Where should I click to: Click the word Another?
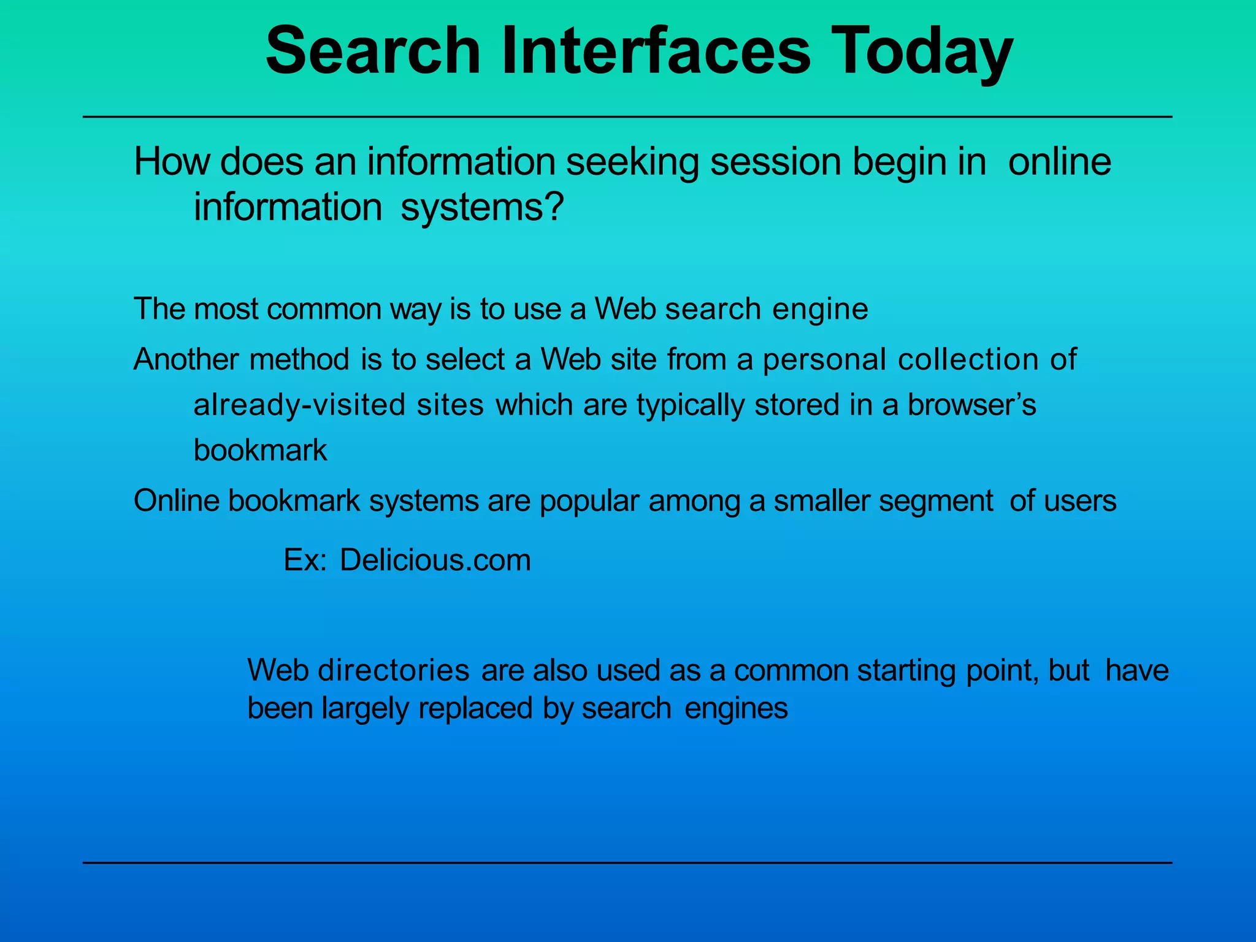point(186,359)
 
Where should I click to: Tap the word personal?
point(824,360)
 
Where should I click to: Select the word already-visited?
point(299,405)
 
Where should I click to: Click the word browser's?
point(971,405)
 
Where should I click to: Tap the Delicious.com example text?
point(435,560)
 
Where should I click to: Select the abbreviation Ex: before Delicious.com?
point(305,560)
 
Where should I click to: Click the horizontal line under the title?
point(627,117)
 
